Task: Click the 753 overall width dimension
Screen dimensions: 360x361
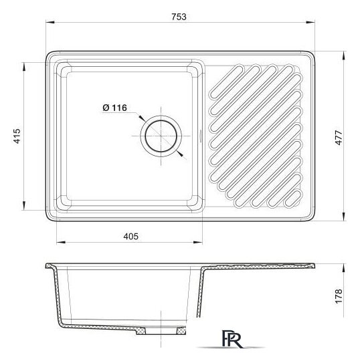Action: [179, 17]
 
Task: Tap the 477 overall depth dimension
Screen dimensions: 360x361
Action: [339, 138]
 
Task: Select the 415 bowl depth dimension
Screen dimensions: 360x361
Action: [17, 136]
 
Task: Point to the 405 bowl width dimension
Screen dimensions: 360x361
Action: [130, 237]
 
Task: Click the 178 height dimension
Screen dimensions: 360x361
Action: [339, 297]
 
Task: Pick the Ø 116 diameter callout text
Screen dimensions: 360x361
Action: [114, 108]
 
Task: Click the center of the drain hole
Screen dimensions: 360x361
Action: [161, 136]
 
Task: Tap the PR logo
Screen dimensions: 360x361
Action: [232, 339]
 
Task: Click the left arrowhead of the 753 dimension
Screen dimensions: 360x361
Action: [50, 22]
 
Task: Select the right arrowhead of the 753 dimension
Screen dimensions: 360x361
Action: [310, 22]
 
